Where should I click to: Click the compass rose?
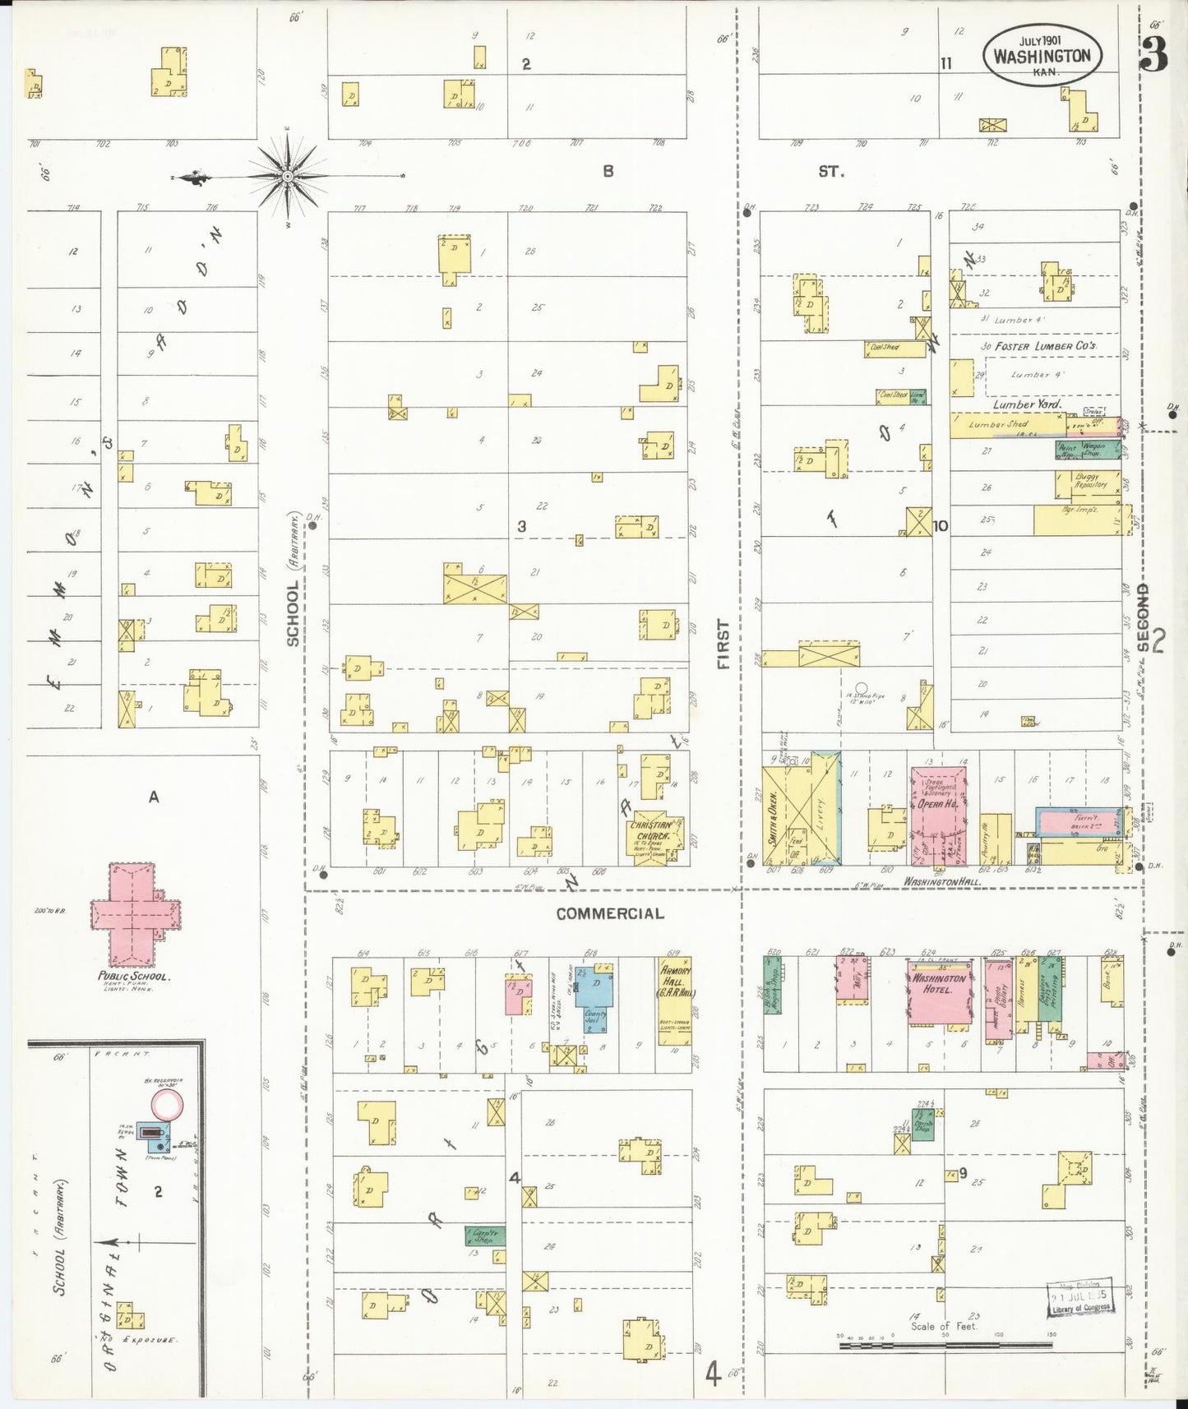coord(289,176)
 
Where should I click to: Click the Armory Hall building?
coord(674,1000)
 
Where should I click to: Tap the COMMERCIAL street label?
coord(609,913)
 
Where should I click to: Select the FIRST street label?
coord(723,644)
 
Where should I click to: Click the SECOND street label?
coord(1143,618)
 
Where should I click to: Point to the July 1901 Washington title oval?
coord(1042,54)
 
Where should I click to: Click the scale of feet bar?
coord(945,1346)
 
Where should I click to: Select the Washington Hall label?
coord(942,881)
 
